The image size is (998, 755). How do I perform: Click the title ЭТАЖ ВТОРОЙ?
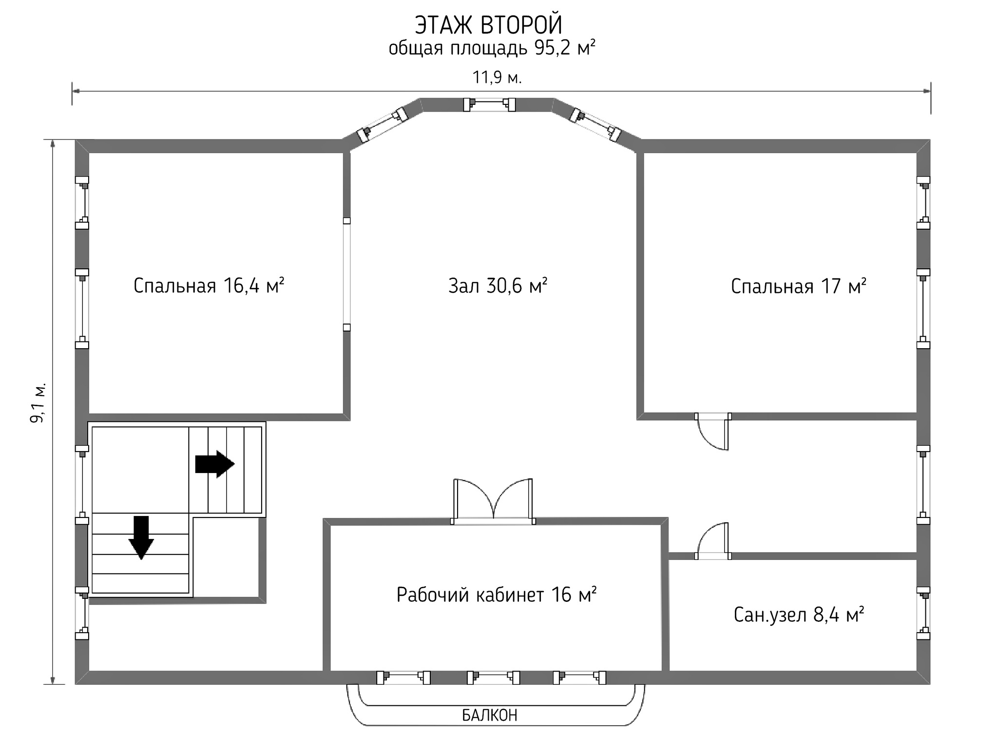click(x=489, y=25)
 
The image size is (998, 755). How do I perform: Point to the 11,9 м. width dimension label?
click(x=497, y=78)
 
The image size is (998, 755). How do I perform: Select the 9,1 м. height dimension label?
click(x=38, y=402)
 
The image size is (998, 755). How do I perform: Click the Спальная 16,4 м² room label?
click(x=209, y=286)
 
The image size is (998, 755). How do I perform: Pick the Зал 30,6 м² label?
click(x=498, y=286)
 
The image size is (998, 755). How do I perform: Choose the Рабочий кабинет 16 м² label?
click(x=496, y=595)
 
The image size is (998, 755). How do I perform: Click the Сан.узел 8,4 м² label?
click(x=799, y=615)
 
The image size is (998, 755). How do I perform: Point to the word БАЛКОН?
click(x=489, y=715)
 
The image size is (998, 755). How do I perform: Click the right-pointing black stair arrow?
click(x=215, y=464)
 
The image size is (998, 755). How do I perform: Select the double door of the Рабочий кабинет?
click(x=493, y=501)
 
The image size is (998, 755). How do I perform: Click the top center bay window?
click(x=489, y=105)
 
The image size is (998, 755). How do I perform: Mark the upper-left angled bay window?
click(x=382, y=125)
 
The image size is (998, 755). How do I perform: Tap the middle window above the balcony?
click(x=493, y=677)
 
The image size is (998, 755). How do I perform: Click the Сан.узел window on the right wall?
click(x=923, y=613)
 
